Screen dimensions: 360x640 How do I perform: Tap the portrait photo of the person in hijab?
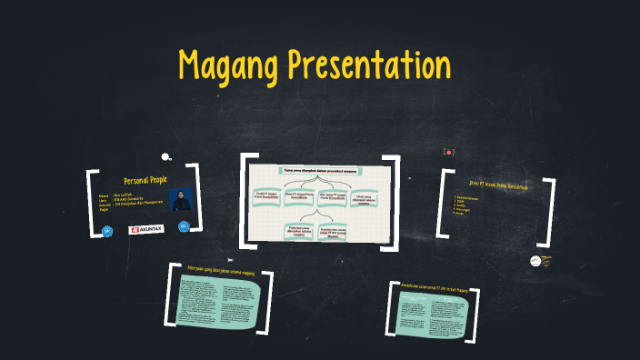click(180, 199)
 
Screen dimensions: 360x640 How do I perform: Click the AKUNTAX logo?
click(146, 230)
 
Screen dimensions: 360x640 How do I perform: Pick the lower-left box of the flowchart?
click(298, 230)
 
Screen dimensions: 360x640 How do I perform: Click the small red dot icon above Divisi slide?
click(448, 151)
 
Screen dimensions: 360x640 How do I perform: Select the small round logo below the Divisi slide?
click(535, 261)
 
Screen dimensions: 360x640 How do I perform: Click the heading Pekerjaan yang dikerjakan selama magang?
click(219, 270)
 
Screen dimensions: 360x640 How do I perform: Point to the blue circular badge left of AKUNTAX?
click(107, 231)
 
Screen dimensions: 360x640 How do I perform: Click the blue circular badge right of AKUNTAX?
click(184, 226)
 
